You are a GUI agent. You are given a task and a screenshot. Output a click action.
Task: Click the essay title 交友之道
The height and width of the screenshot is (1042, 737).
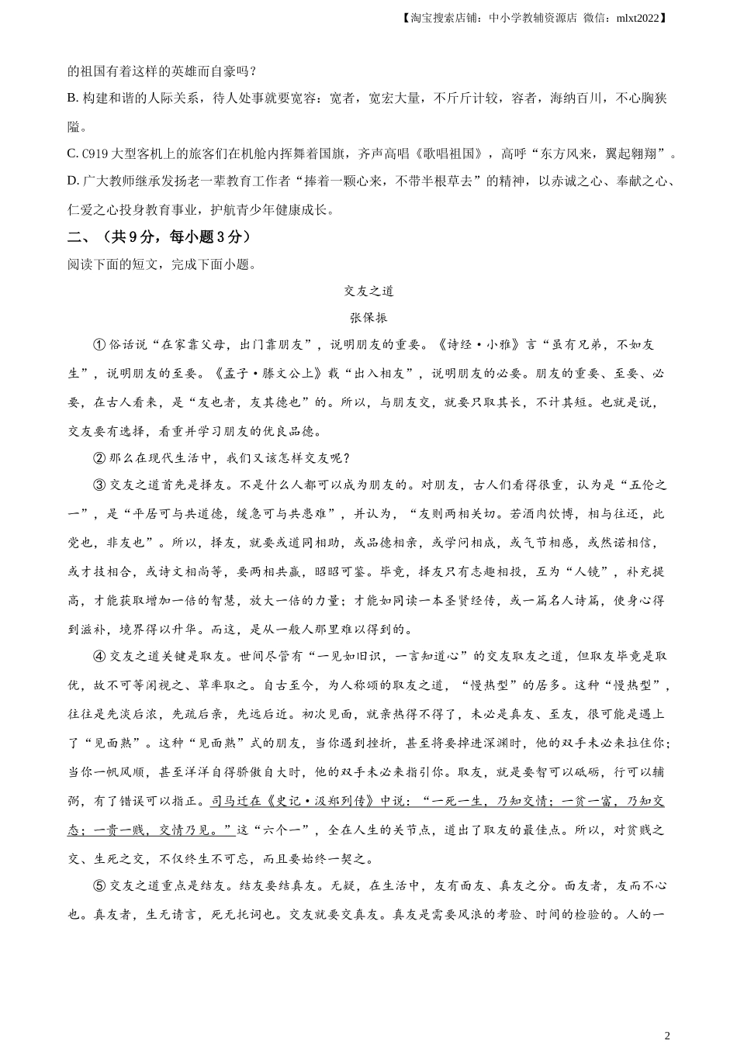pyautogui.click(x=368, y=292)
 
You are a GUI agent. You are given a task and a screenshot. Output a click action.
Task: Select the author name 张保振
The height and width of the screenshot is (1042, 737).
pyautogui.click(x=368, y=318)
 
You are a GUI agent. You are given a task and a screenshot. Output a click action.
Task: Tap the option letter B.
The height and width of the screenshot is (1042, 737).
pyautogui.click(x=72, y=98)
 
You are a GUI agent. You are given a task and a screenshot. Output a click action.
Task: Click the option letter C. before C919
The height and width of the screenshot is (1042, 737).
pyautogui.click(x=72, y=154)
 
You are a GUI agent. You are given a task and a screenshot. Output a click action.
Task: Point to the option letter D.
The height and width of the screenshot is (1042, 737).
pyautogui.click(x=72, y=181)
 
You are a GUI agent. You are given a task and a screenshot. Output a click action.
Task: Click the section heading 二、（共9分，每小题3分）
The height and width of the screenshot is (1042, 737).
pyautogui.click(x=159, y=236)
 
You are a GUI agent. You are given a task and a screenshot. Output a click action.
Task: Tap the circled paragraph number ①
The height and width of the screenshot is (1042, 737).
pyautogui.click(x=99, y=346)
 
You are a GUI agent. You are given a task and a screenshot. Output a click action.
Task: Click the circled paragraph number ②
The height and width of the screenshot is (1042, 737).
pyautogui.click(x=99, y=458)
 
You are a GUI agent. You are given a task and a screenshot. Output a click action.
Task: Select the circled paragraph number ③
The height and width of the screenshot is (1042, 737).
pyautogui.click(x=99, y=486)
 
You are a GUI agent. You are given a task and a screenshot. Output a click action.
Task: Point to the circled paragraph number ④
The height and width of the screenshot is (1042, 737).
pyautogui.click(x=99, y=656)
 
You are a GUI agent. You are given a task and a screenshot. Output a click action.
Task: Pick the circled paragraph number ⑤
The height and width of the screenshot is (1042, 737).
pyautogui.click(x=99, y=886)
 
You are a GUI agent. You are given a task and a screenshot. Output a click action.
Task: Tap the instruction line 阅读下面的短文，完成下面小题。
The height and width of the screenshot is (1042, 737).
pyautogui.click(x=161, y=264)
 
